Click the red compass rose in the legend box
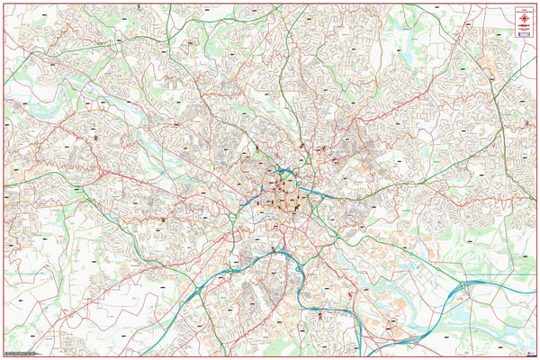point(521,20)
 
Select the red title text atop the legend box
point(521,9)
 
